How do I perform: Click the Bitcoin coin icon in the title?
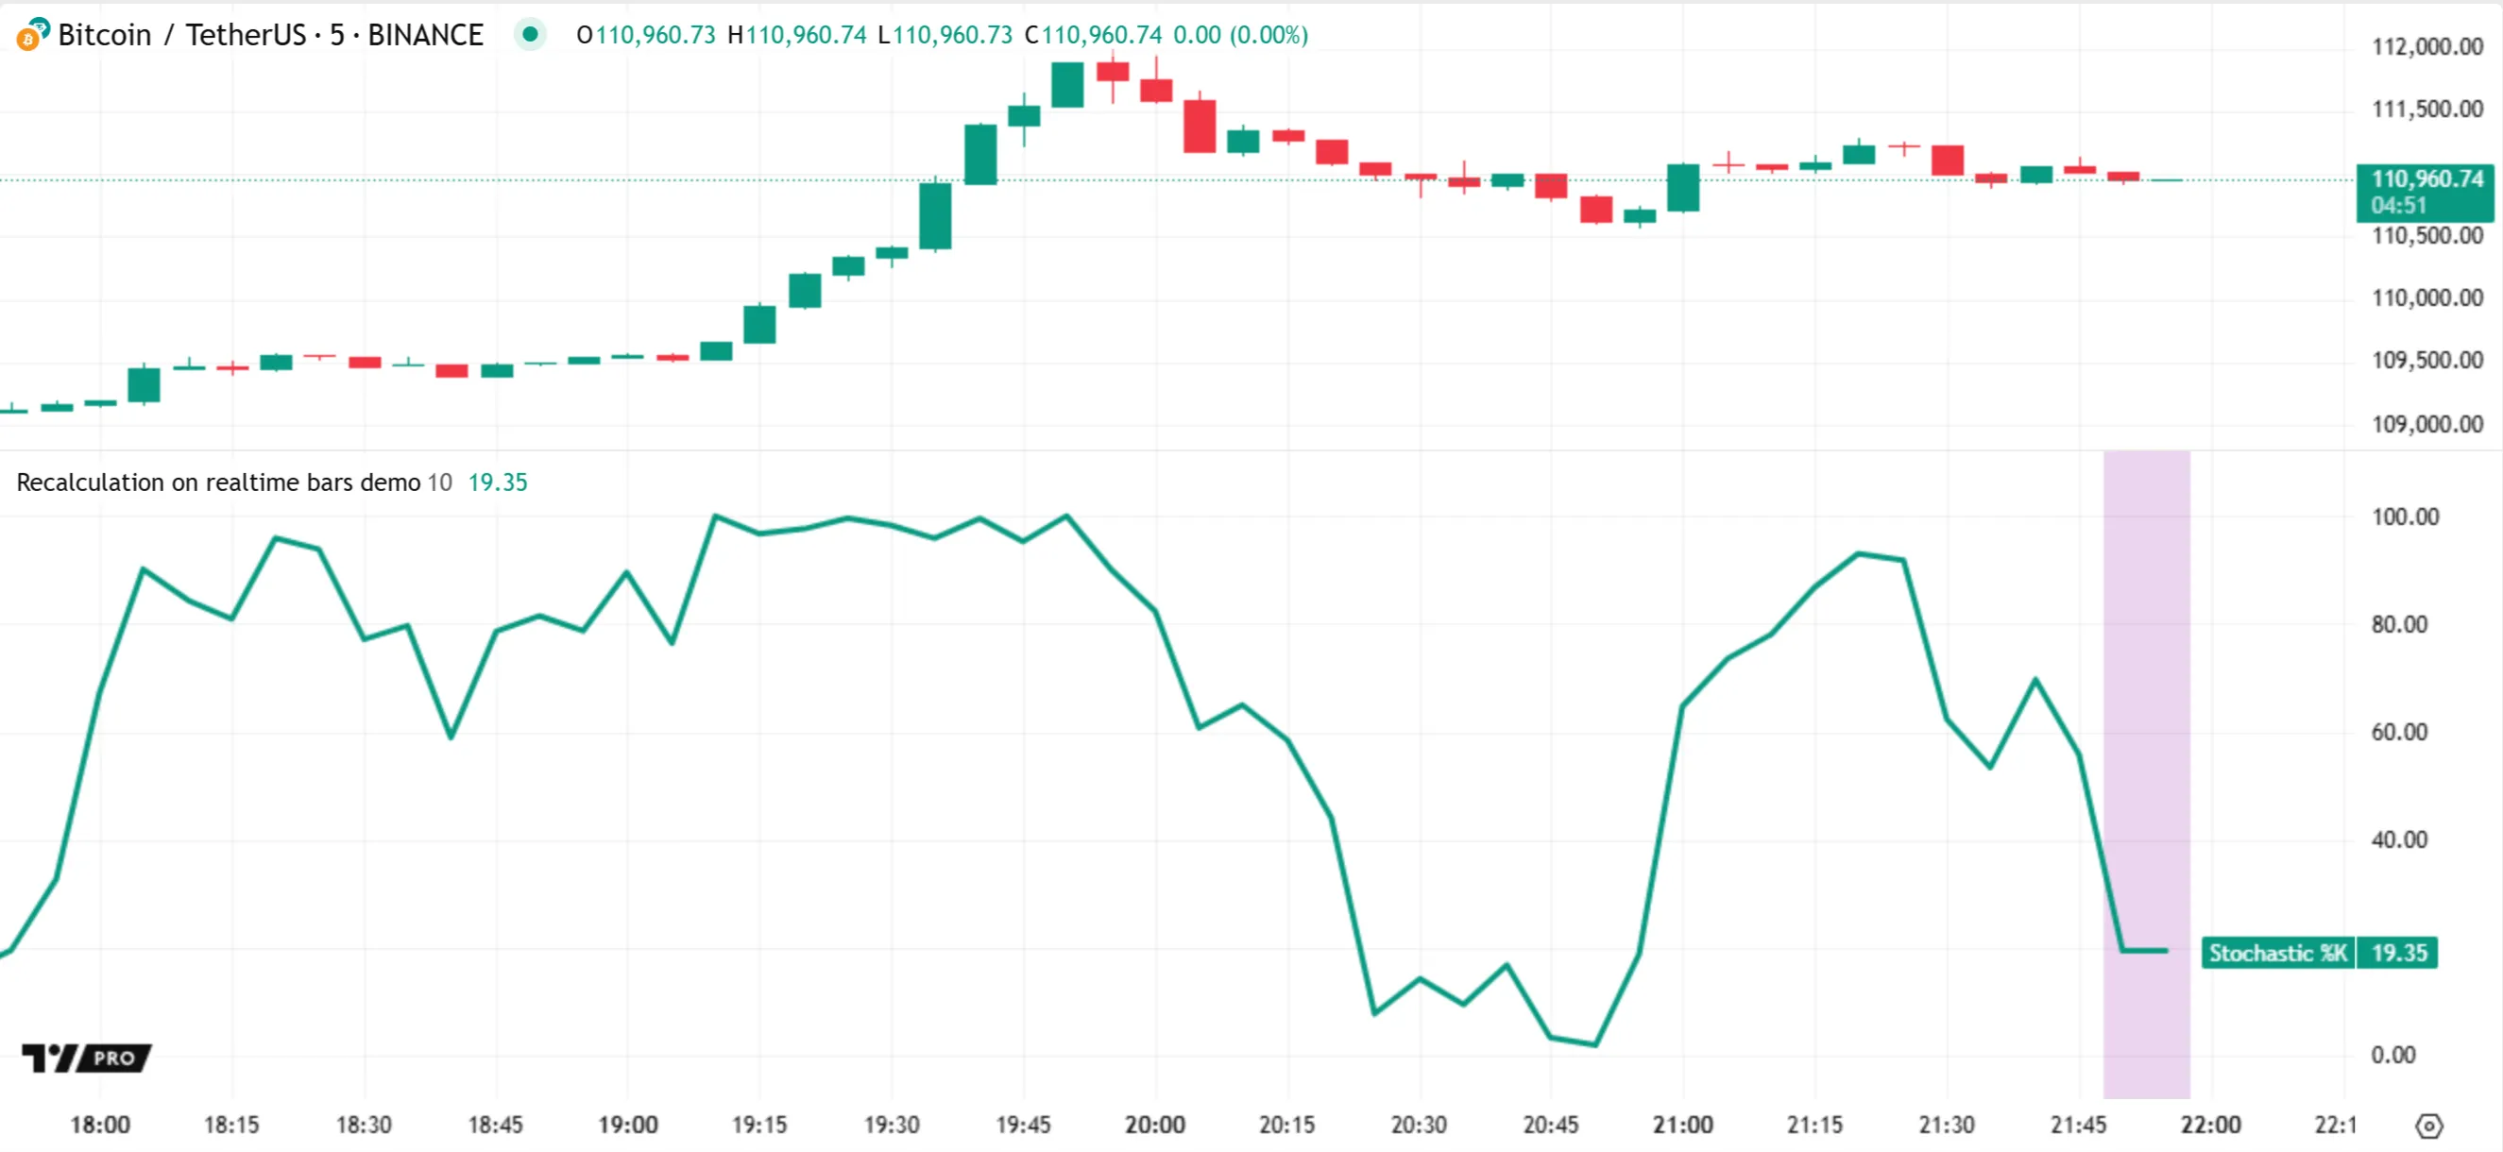coord(32,34)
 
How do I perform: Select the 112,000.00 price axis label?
coord(2426,46)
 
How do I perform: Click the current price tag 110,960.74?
coord(2426,179)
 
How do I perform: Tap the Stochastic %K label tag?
coord(2277,953)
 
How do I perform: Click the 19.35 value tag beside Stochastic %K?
coord(2398,953)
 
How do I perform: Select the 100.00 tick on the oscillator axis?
coord(2405,517)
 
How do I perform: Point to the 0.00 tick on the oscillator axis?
coord(2392,1055)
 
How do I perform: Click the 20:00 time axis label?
coord(1155,1125)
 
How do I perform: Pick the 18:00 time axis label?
coord(100,1125)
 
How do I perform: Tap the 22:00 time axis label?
coord(2210,1125)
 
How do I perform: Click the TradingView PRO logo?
coord(87,1058)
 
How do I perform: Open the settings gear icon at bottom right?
coord(2428,1126)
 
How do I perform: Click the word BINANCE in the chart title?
coord(425,35)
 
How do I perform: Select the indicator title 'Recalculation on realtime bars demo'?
coord(218,483)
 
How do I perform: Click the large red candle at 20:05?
coord(1199,127)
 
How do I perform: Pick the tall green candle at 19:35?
coord(935,215)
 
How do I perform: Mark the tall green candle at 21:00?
coord(1683,188)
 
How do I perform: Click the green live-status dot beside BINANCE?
coord(530,35)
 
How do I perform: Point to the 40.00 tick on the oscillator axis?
coord(2398,839)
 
